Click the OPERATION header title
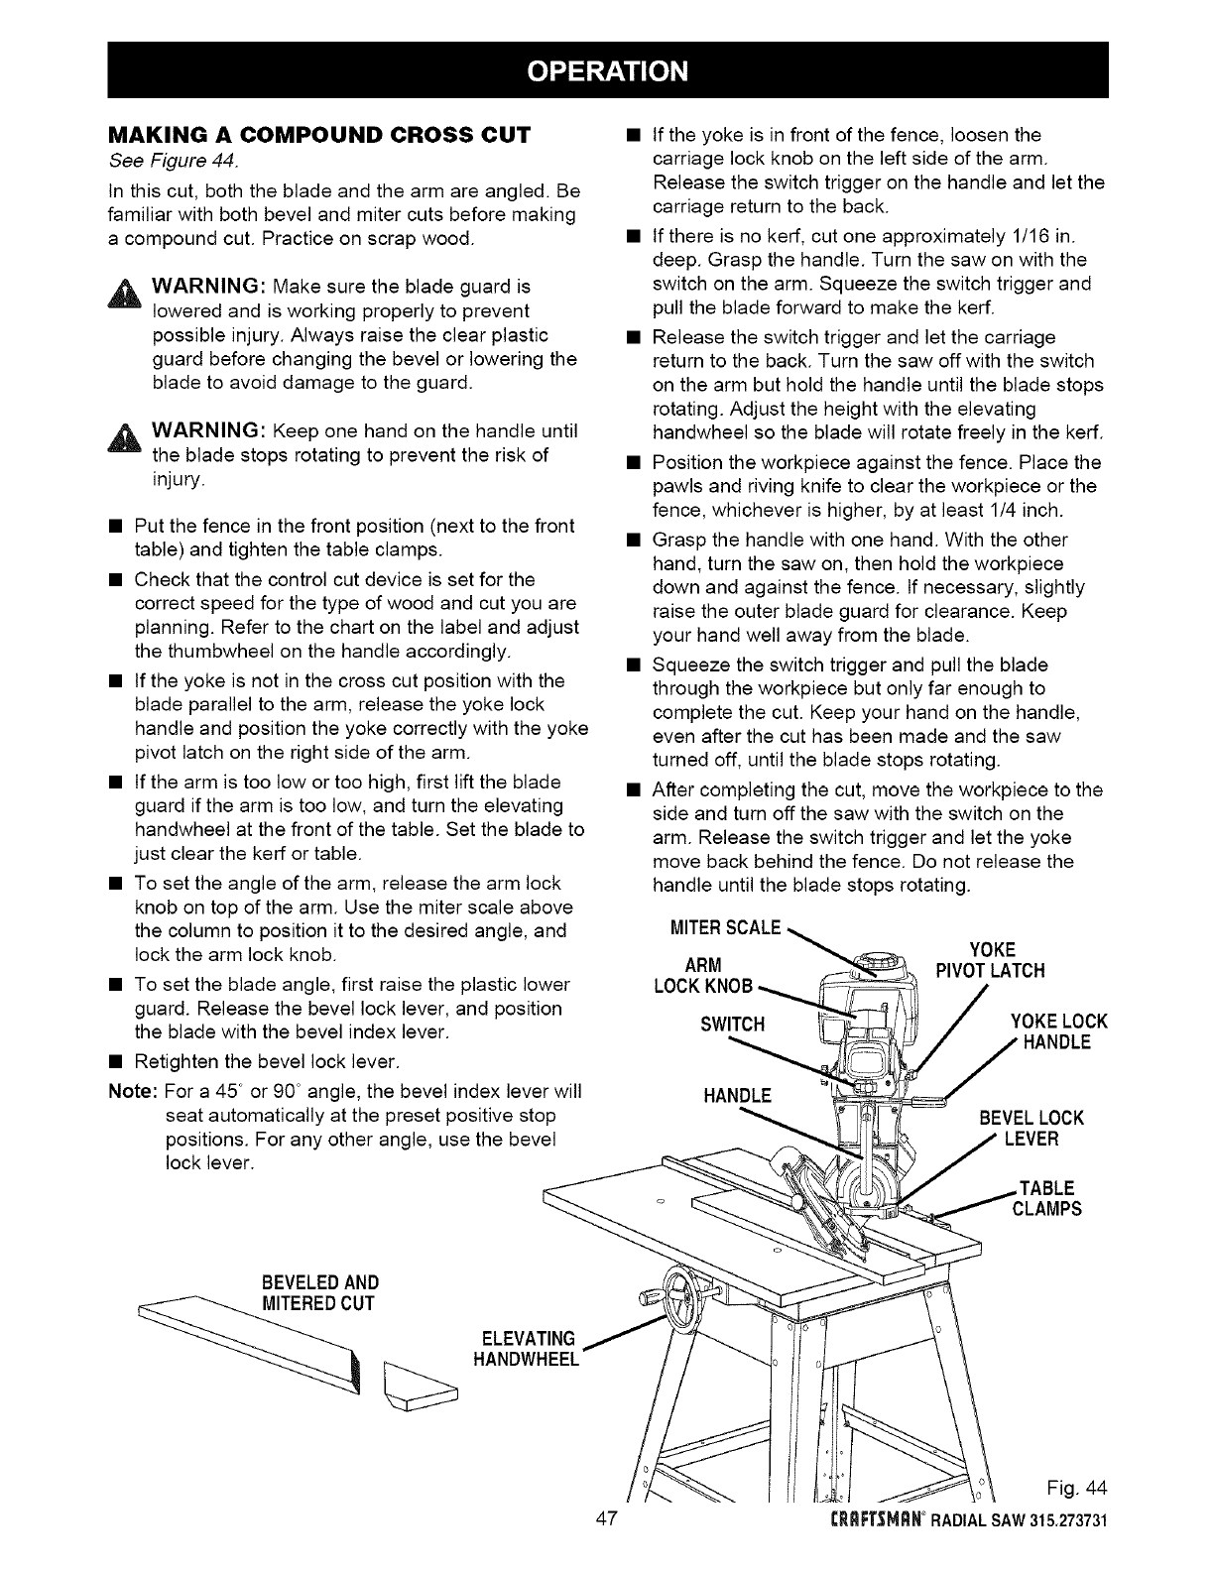pos(607,70)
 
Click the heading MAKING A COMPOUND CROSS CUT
pos(319,134)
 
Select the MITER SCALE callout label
pos(726,927)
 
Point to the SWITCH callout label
pos(732,1024)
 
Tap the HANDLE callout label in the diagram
pos(736,1096)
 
